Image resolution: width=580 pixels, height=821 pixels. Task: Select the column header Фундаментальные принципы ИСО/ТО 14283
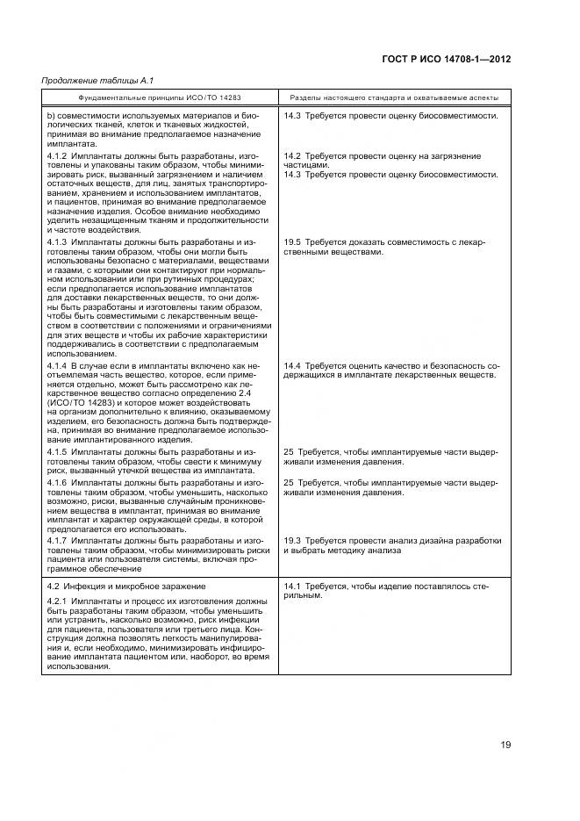(x=160, y=98)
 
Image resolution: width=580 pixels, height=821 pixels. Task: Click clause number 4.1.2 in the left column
(x=56, y=155)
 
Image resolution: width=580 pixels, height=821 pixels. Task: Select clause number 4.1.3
(x=56, y=241)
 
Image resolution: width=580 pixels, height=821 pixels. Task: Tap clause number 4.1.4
(x=56, y=364)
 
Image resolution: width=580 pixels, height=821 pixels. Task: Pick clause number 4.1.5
(x=56, y=452)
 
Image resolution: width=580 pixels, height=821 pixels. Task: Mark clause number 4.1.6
(x=56, y=483)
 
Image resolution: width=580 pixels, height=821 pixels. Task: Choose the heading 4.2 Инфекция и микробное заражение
(x=125, y=585)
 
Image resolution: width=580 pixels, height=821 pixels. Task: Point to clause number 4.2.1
(x=56, y=601)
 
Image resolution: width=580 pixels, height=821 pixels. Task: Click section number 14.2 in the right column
(x=292, y=155)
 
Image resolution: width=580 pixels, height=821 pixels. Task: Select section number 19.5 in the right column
(x=292, y=241)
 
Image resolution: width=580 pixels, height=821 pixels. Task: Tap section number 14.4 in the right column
(x=292, y=364)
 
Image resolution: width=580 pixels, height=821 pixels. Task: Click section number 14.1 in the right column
(x=292, y=585)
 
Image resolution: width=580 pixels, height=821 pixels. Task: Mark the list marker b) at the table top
(x=50, y=115)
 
